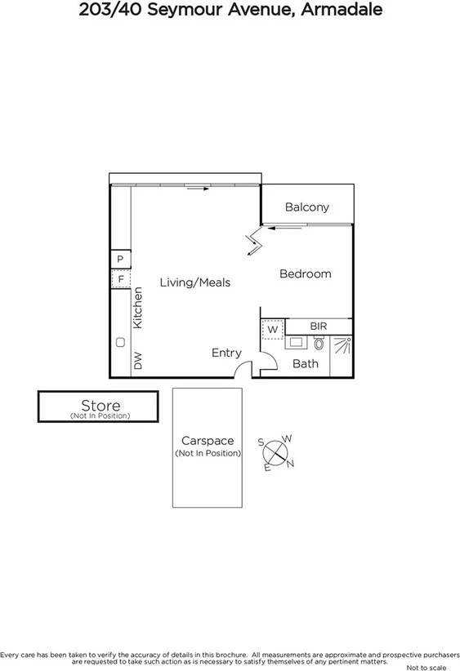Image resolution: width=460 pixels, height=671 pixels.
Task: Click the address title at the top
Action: (230, 11)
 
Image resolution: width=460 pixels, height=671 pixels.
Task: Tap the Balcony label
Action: (306, 207)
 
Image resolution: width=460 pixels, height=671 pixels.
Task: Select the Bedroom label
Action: (305, 273)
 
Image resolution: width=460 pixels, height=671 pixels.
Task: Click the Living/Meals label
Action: (194, 282)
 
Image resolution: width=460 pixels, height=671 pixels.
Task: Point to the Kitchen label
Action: (138, 308)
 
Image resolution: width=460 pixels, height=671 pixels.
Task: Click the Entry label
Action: (226, 353)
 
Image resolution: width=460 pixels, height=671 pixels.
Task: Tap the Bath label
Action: (306, 363)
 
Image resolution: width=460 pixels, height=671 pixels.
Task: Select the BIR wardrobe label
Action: (318, 327)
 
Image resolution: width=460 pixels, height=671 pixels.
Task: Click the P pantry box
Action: (120, 260)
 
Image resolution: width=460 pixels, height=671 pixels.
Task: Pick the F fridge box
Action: (120, 279)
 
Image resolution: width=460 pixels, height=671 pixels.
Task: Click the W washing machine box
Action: (272, 329)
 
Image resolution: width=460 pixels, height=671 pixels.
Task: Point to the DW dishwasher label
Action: (138, 361)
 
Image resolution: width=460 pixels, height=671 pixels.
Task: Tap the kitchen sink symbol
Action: (120, 342)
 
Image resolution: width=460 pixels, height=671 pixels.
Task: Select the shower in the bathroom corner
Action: (342, 346)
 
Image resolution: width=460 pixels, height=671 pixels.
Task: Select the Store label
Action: (100, 405)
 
